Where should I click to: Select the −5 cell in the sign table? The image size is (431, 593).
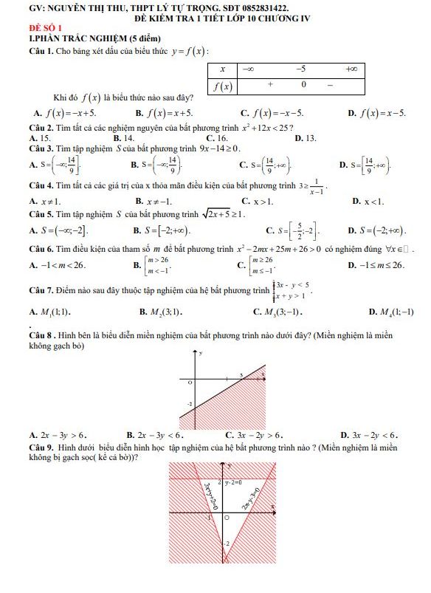tap(300, 69)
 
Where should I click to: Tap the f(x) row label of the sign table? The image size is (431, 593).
tap(223, 86)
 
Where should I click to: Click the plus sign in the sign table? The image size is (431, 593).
tap(271, 85)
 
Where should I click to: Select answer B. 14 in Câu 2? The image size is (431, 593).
tap(124, 137)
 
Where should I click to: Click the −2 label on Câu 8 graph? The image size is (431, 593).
tap(190, 405)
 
